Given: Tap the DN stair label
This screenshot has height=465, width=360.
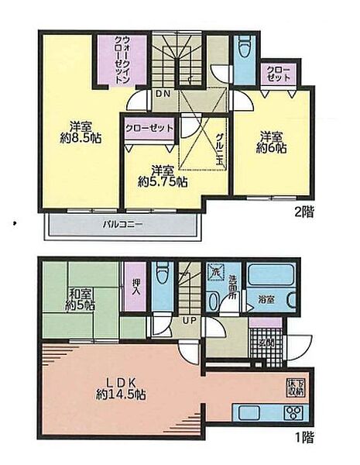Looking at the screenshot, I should click(163, 94).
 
